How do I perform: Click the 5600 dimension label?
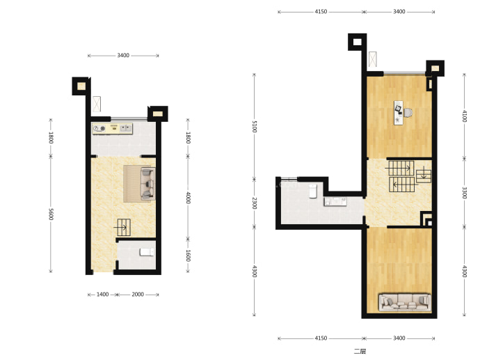click(51, 214)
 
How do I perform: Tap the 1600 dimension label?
click(188, 256)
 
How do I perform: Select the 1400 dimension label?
click(102, 295)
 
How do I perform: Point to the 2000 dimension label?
click(138, 295)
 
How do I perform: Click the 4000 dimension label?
click(188, 198)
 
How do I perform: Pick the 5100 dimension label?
click(255, 127)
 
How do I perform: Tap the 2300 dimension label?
click(255, 203)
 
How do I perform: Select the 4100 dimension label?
click(465, 116)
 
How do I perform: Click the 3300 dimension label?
click(465, 193)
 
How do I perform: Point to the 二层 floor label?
click(360, 351)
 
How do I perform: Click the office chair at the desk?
click(408, 113)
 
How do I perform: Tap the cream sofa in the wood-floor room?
click(405, 302)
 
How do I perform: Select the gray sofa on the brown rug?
click(147, 183)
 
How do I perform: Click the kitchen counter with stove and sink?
click(112, 128)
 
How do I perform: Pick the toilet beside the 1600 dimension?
click(147, 252)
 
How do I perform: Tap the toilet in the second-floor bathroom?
click(313, 191)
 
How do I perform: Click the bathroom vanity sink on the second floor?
click(335, 202)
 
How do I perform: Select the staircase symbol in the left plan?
click(123, 227)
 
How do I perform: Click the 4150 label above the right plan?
click(321, 12)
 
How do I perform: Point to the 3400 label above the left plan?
click(123, 56)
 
